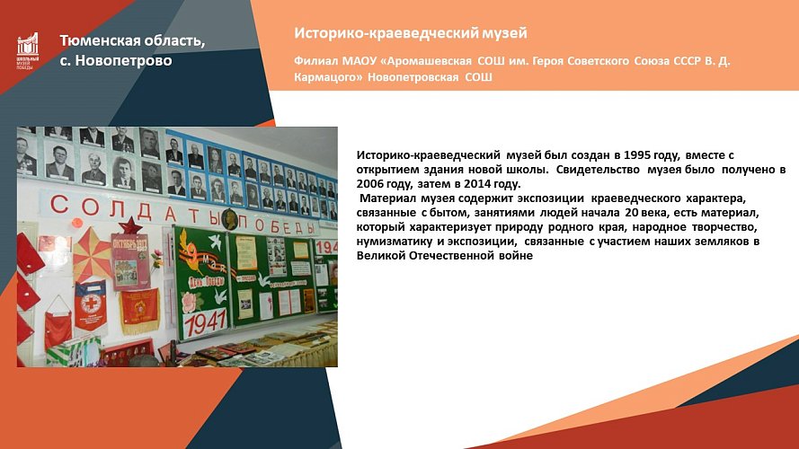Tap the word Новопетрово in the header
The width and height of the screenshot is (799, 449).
(126, 61)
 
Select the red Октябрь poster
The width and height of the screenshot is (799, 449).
(130, 260)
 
